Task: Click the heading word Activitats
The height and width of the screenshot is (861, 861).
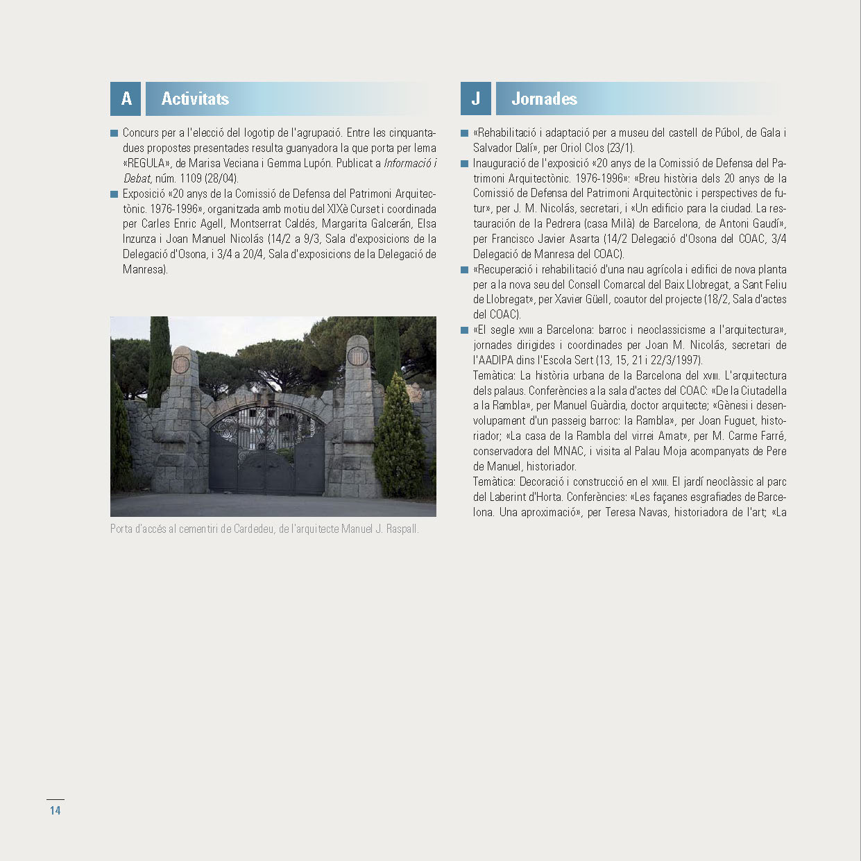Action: (x=195, y=99)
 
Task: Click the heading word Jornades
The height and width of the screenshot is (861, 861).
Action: (x=544, y=99)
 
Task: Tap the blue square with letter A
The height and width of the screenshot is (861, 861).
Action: (x=126, y=99)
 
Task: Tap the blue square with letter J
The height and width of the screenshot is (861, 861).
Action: (x=476, y=99)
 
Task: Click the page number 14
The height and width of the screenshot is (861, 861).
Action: (x=56, y=810)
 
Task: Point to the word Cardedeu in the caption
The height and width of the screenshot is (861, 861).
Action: (x=253, y=529)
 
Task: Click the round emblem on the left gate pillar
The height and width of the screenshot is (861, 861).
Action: (x=180, y=363)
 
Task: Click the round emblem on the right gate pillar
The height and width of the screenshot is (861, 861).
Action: (x=357, y=356)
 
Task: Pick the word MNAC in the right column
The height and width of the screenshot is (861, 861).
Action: (x=568, y=451)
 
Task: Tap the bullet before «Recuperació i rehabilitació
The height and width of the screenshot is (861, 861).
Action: (x=464, y=270)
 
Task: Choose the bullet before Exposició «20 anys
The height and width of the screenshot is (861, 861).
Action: (x=114, y=194)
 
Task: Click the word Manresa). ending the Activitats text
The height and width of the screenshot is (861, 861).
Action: (x=145, y=269)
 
